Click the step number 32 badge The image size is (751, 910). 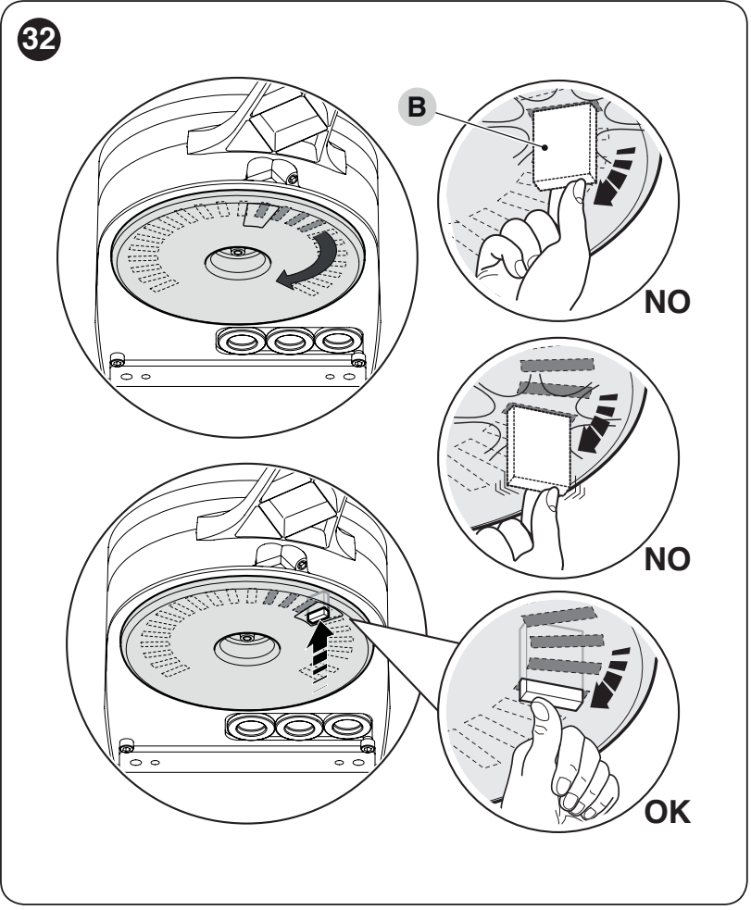tap(39, 39)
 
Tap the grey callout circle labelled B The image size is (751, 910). tap(417, 107)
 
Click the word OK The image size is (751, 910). tap(667, 812)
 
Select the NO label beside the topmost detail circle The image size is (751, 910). tap(667, 302)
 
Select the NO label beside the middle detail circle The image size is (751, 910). tap(667, 559)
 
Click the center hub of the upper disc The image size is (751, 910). tap(237, 259)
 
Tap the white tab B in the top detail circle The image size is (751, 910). tap(564, 143)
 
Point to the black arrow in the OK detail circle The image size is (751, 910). tap(609, 679)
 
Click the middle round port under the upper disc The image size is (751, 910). tap(290, 341)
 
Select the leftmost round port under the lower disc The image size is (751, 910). tap(250, 726)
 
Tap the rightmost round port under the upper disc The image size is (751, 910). tap(338, 340)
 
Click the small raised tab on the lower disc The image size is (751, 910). tap(317, 613)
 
